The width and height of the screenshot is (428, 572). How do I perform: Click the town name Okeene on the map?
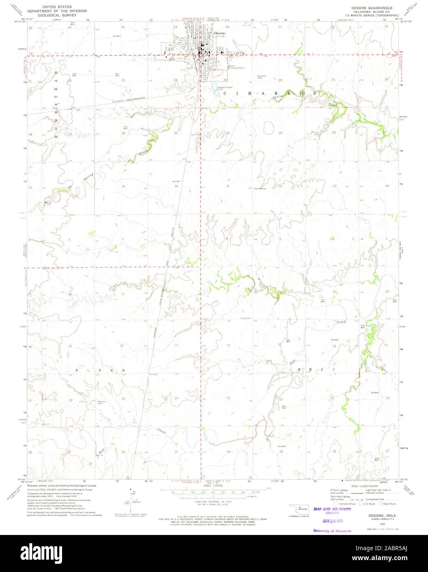click(219, 33)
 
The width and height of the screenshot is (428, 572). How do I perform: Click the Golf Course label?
click(217, 70)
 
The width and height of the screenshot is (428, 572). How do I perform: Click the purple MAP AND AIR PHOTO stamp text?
click(332, 509)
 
